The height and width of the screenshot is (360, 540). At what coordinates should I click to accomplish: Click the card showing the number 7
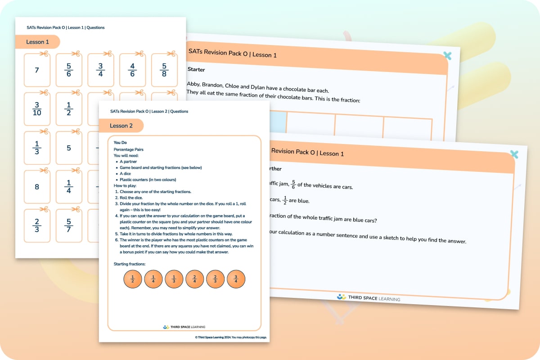click(x=37, y=70)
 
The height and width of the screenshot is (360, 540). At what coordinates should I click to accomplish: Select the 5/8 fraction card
click(x=164, y=70)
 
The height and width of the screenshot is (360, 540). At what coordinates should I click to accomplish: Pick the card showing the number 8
click(x=37, y=186)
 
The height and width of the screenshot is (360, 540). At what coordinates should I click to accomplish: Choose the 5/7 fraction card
click(x=69, y=225)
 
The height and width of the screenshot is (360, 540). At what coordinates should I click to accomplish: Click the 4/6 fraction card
click(x=132, y=70)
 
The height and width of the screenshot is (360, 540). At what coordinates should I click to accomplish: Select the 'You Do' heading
click(x=120, y=143)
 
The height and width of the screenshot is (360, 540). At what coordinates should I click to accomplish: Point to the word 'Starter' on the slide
click(x=196, y=70)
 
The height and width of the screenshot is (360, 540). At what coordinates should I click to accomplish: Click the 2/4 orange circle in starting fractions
click(x=194, y=279)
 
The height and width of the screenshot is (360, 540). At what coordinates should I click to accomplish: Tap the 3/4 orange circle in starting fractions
click(x=236, y=279)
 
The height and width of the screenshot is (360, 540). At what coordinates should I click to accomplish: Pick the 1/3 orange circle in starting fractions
click(x=174, y=279)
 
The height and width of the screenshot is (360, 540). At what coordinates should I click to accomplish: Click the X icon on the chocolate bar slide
click(x=447, y=56)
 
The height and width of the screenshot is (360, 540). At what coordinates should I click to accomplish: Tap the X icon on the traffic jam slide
click(x=514, y=154)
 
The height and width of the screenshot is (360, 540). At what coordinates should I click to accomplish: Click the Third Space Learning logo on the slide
click(x=368, y=297)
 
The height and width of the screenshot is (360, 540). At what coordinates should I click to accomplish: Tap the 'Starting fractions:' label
click(x=130, y=264)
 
